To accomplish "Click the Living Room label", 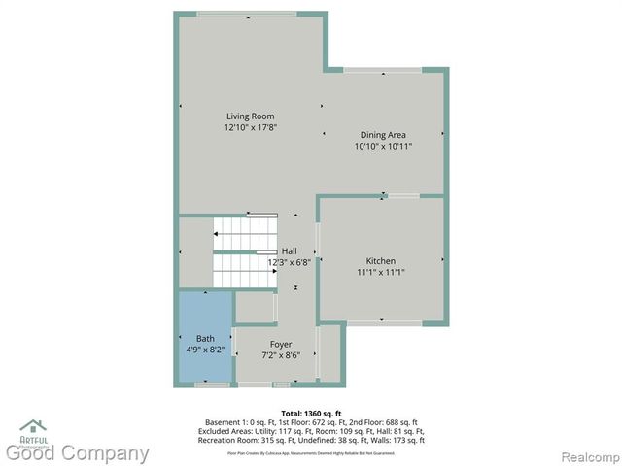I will coord(250,116).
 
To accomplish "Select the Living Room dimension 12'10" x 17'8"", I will coord(250,127).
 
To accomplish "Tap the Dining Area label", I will coord(383,135).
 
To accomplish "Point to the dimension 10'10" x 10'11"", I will coord(383,146).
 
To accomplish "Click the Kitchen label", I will coord(380,261).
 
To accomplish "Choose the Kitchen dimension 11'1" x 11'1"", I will coord(380,273).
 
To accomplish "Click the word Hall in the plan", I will coord(289,250).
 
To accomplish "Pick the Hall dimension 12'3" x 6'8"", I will coord(289,261).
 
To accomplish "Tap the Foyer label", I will coord(281,345).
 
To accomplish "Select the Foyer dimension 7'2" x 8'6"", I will coord(281,355).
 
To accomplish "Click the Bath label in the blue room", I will coord(205,338).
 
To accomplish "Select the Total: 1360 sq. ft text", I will coord(311,413).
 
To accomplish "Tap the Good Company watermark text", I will coord(78,452).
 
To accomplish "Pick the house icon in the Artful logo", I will coord(32,425).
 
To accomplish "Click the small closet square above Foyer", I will coord(255,307).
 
